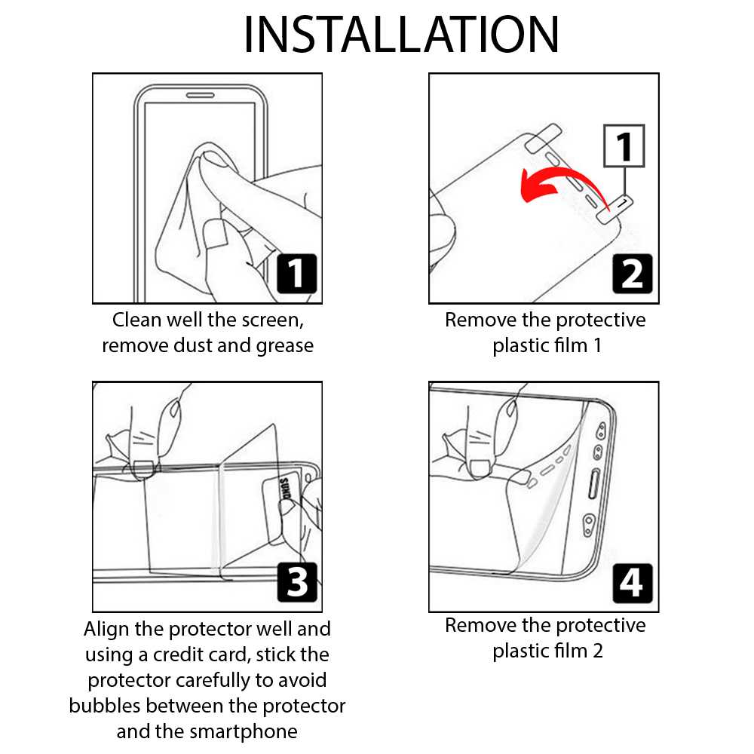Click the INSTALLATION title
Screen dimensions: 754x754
401,35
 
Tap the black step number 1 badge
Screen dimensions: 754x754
296,274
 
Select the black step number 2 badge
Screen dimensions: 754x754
632,274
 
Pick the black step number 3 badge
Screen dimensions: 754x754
296,582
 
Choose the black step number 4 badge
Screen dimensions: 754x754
632,582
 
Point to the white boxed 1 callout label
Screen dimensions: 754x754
624,146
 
